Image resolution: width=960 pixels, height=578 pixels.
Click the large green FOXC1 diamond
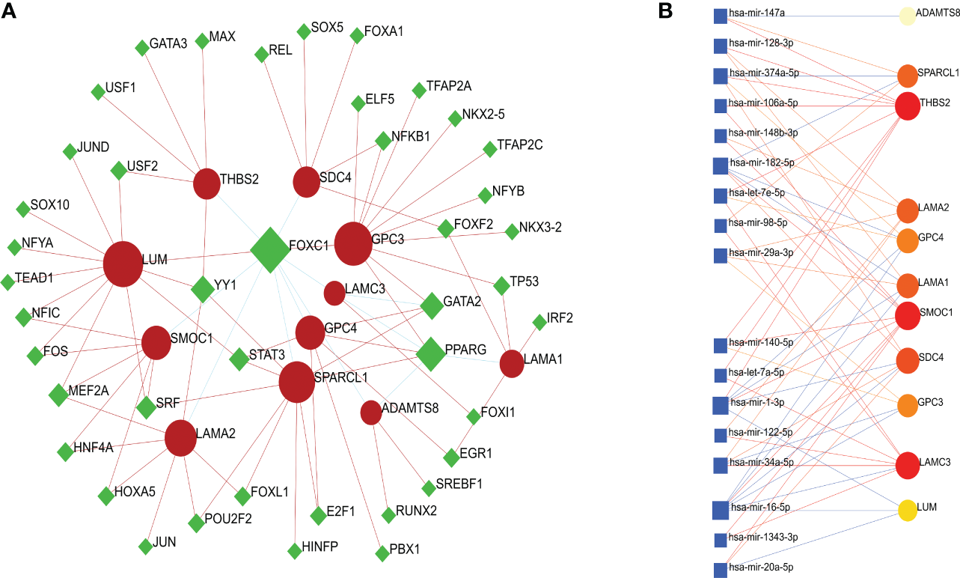(270, 250)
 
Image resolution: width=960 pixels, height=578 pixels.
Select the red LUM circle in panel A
(123, 264)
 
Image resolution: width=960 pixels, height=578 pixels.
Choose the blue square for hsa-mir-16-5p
(721, 510)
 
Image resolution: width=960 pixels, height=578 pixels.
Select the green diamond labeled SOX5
(303, 31)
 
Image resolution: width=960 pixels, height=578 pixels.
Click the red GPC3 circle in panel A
(353, 243)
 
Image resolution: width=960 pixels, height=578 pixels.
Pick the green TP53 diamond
(501, 285)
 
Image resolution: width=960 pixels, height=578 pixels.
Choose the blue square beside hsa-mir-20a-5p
(721, 570)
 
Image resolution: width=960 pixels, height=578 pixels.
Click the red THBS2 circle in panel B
(907, 106)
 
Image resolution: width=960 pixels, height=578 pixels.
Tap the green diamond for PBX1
(382, 553)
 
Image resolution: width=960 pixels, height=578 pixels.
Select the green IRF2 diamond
(539, 322)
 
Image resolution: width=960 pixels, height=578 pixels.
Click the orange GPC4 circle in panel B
(907, 240)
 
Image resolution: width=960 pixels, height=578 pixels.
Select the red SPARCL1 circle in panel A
(297, 382)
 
